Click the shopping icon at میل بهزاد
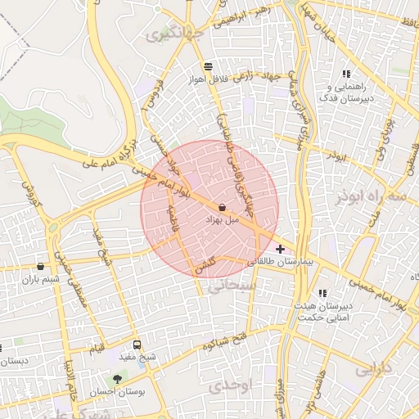tap(223, 208)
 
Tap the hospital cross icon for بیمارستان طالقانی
tap(281, 249)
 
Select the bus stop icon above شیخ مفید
tap(137, 345)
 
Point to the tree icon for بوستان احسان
tap(119, 379)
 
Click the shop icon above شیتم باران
tap(40, 266)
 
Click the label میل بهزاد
tap(223, 222)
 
